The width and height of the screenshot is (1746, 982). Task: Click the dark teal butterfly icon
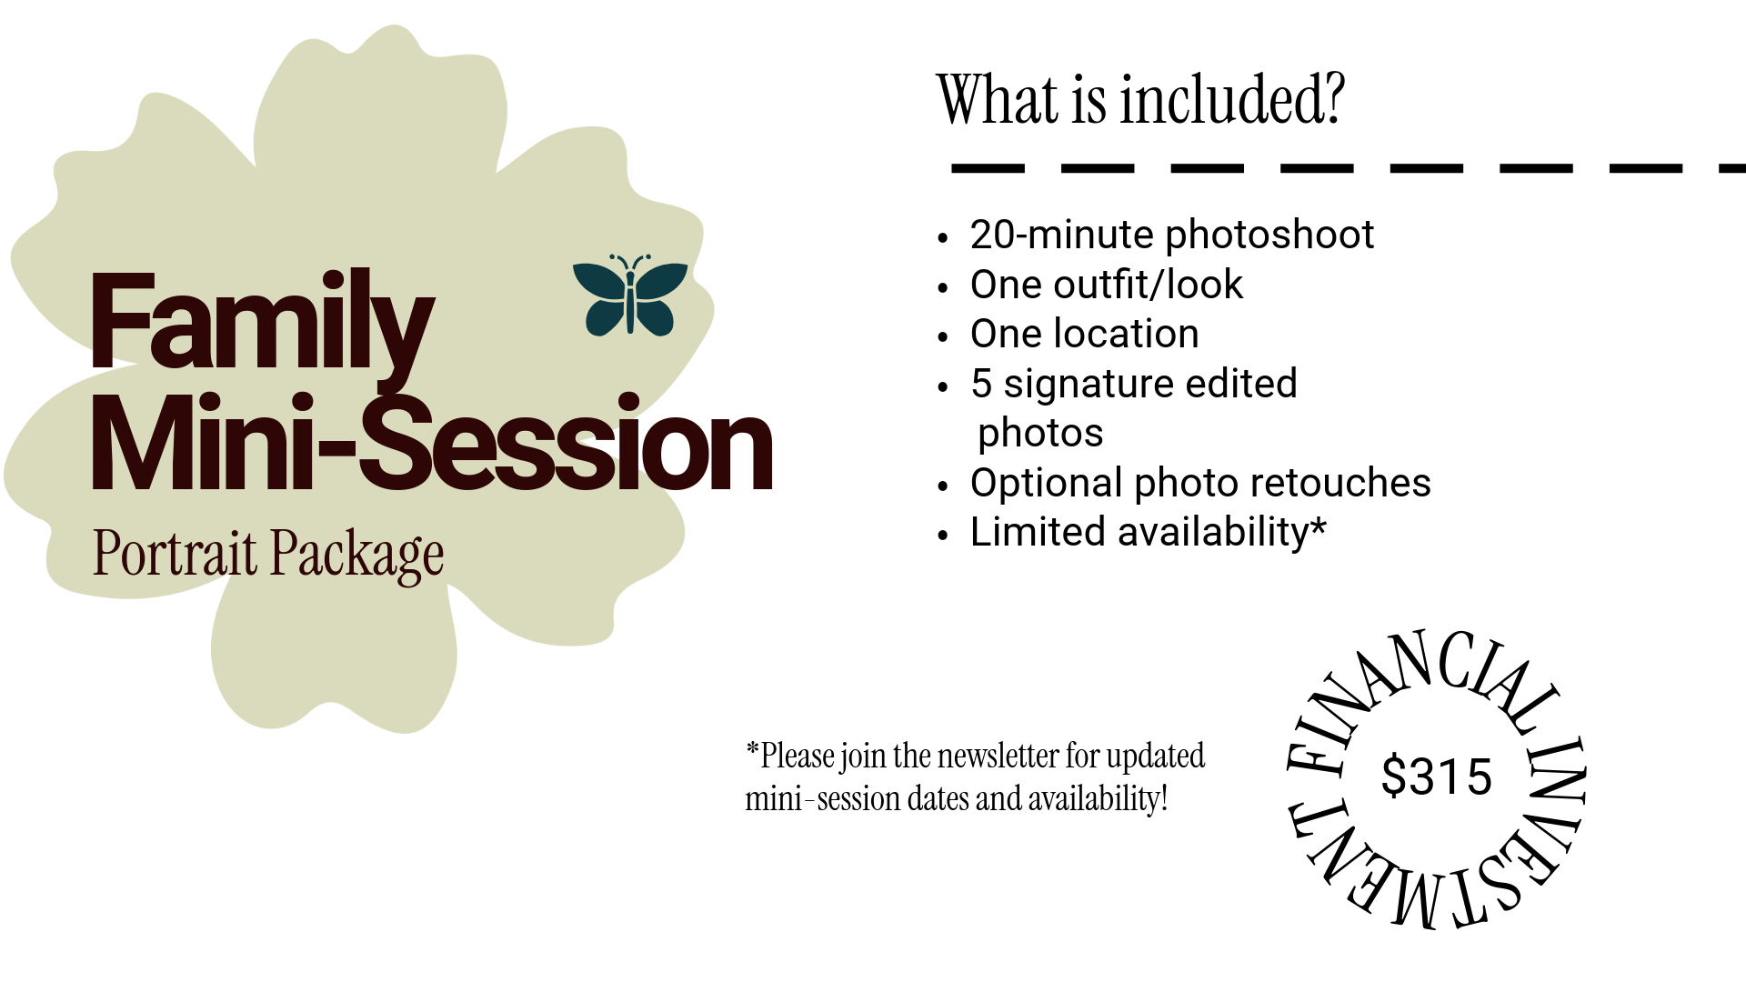630,296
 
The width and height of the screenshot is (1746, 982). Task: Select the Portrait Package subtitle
268,554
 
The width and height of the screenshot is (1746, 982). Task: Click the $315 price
1436,777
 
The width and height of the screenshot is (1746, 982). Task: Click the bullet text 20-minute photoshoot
1171,235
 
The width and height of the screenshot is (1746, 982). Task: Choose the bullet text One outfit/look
1106,285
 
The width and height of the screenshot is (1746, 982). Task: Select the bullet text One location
1084,334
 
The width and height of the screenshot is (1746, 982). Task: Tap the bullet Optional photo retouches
1200,483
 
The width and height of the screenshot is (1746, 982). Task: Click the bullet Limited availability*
1148,532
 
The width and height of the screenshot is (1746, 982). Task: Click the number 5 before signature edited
980,384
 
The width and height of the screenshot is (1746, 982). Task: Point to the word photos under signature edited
1040,433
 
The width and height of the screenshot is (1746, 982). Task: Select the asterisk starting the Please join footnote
752,749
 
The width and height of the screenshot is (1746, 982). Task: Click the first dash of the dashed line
988,168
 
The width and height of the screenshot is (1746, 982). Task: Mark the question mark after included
1334,100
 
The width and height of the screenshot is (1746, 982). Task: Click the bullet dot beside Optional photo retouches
943,486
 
